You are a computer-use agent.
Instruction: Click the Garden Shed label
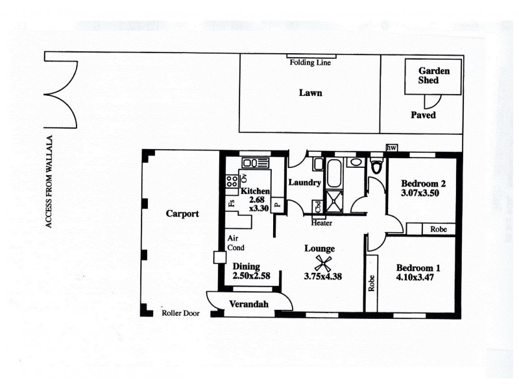coord(428,75)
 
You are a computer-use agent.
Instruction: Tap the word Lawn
coord(310,93)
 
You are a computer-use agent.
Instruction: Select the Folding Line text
coord(309,64)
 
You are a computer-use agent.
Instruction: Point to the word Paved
coord(423,115)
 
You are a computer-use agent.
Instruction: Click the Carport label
coord(182,213)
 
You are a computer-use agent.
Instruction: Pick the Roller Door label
coord(180,314)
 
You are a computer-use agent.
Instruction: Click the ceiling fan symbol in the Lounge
coord(322,263)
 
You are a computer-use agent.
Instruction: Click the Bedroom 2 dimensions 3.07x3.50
coord(422,193)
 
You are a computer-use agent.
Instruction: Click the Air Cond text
coord(234,242)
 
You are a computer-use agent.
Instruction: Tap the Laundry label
coord(304,183)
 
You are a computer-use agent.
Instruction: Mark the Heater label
coord(322,223)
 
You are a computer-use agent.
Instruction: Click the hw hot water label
coord(391,148)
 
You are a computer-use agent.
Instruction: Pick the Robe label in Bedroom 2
coord(437,229)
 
